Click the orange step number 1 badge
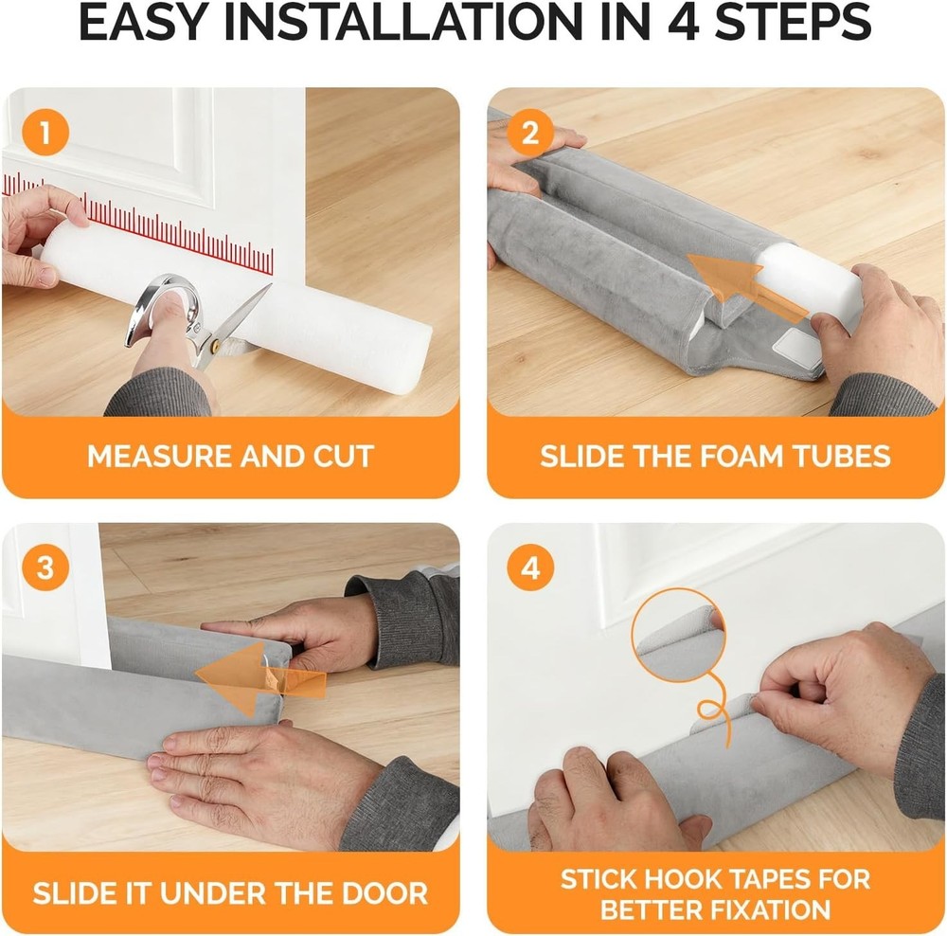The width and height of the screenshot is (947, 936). pyautogui.click(x=43, y=133)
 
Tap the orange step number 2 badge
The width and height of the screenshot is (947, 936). pyautogui.click(x=529, y=133)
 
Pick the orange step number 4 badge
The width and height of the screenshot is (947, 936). pyautogui.click(x=530, y=568)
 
